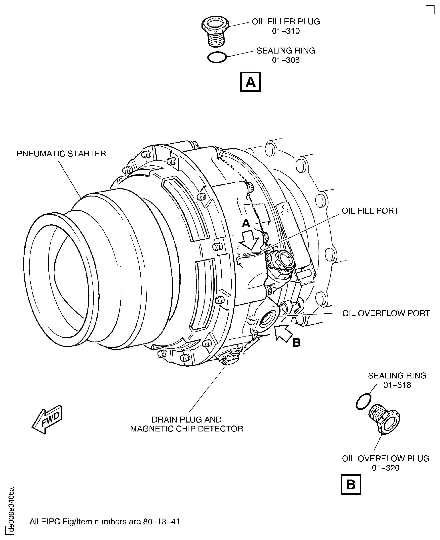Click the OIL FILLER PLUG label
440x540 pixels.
pos(286,22)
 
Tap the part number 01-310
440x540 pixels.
pos(286,31)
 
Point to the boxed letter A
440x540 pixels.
pos(250,82)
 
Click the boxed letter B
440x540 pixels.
pos(351,485)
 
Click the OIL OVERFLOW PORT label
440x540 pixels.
pos(386,313)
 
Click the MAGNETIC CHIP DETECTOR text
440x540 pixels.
pos(187,429)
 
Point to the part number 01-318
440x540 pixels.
pos(397,385)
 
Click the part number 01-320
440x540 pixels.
pos(386,468)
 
